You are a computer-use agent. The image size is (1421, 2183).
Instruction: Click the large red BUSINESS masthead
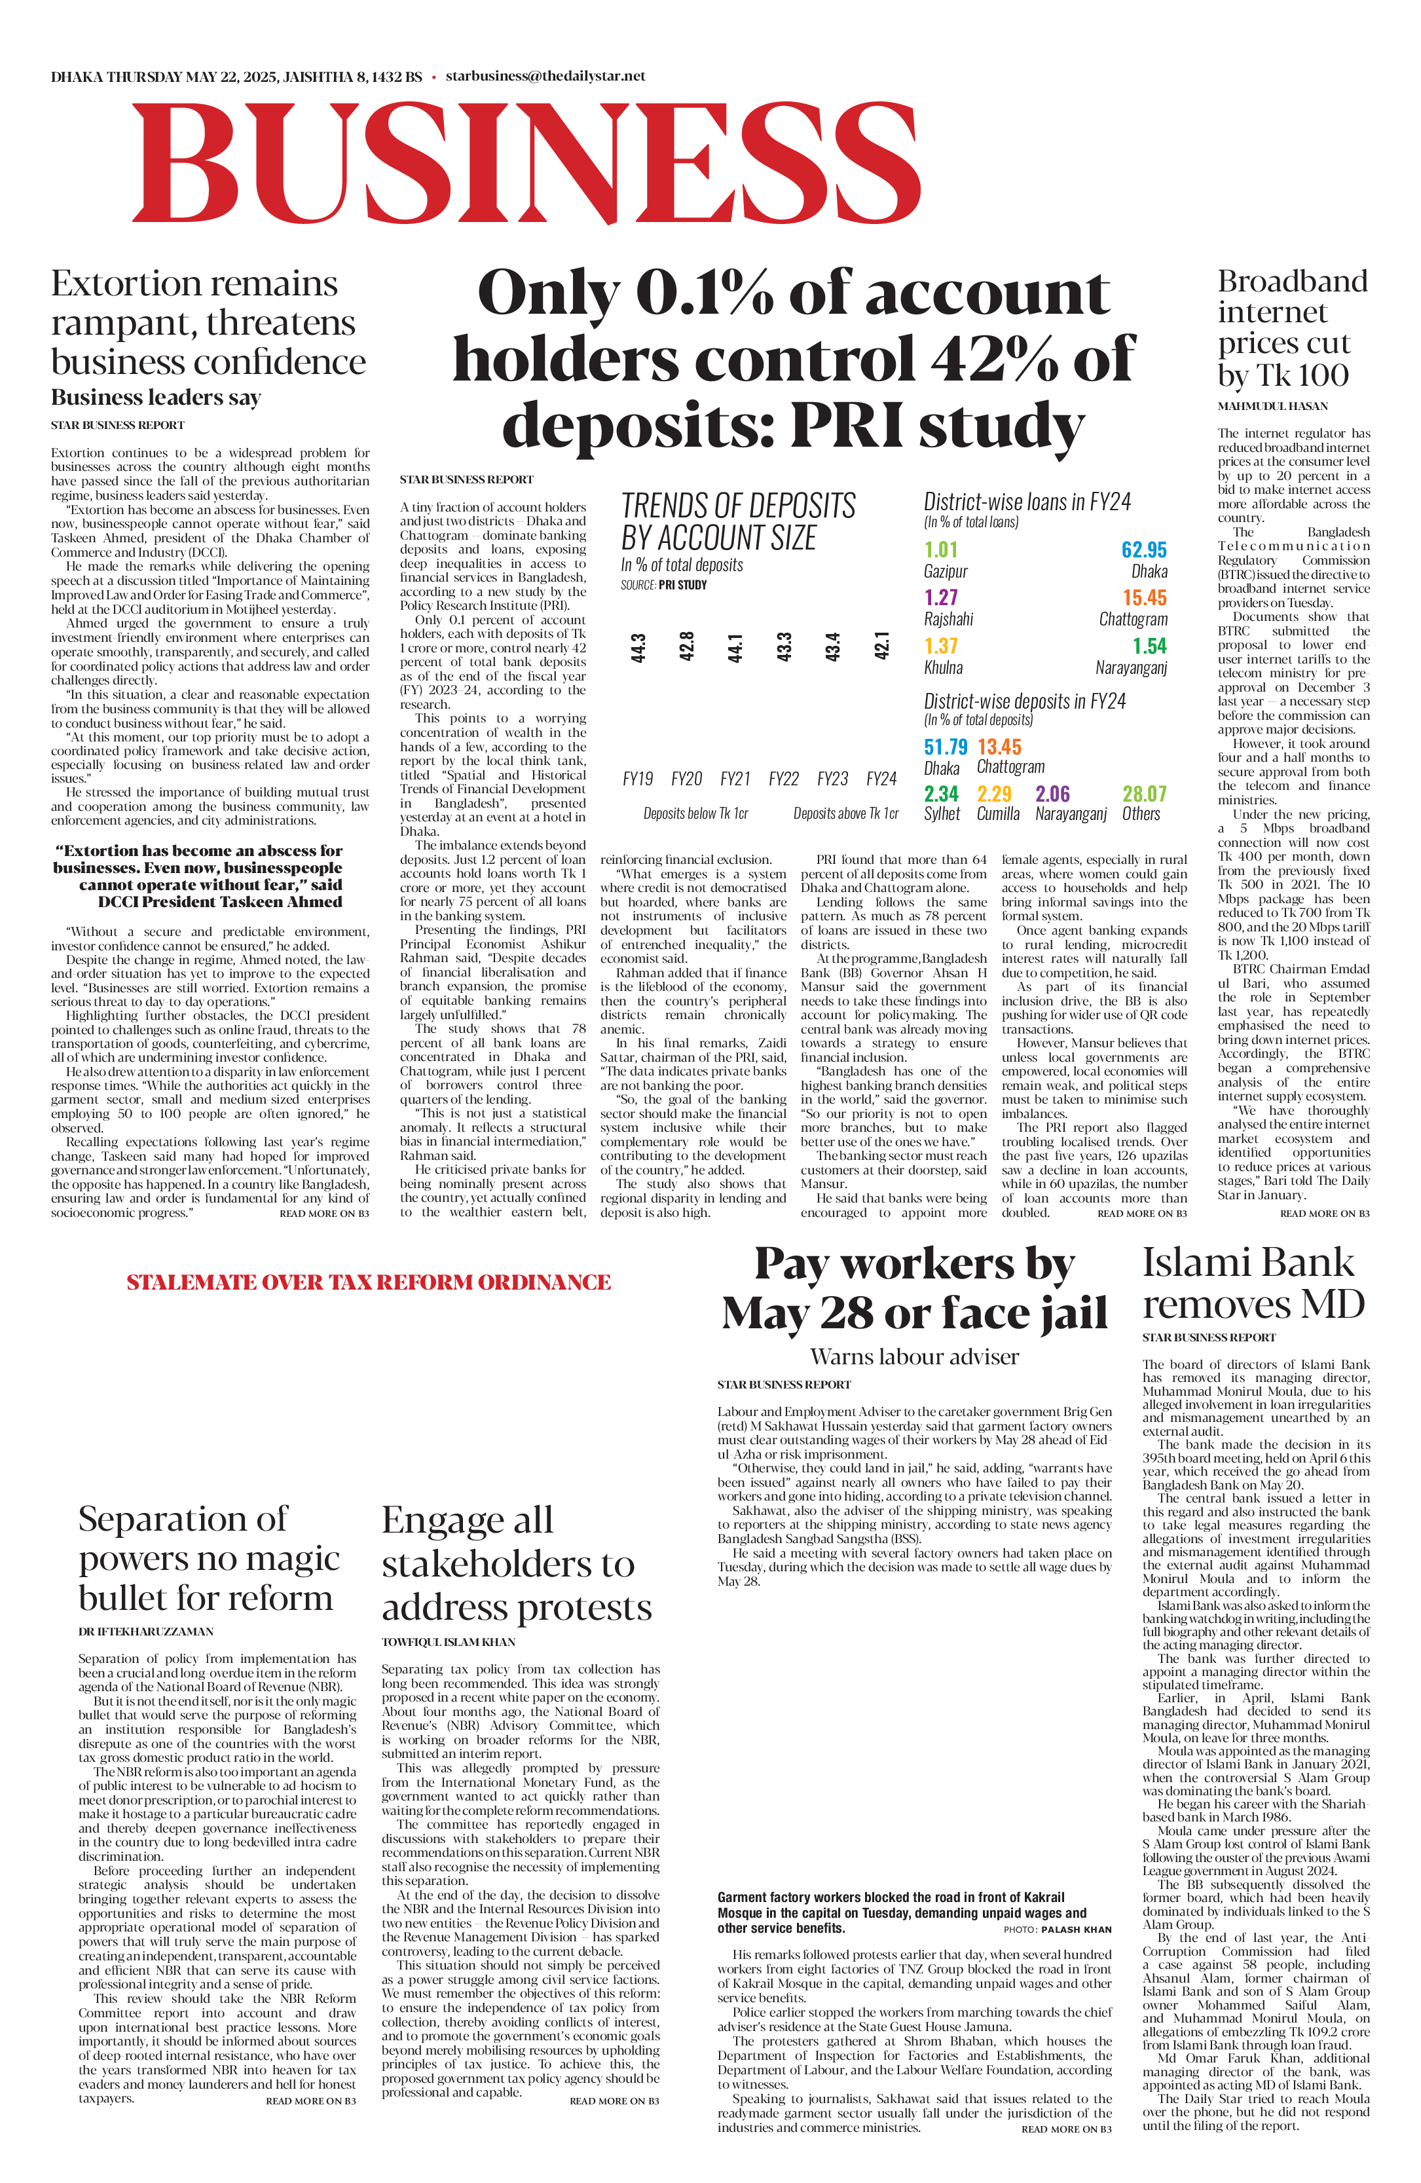click(526, 162)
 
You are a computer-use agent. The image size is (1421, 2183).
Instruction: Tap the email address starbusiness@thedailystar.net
click(545, 76)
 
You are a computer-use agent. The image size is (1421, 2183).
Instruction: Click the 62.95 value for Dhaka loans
click(1143, 550)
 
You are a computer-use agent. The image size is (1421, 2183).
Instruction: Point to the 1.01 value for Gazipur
click(940, 550)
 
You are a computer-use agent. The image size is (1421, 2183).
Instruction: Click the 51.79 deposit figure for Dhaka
click(945, 747)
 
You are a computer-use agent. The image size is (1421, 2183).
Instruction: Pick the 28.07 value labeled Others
click(1144, 793)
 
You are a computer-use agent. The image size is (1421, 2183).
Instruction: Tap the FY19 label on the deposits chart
click(637, 779)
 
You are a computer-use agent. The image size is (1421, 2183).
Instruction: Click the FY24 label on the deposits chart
click(881, 779)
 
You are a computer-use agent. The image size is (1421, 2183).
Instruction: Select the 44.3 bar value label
click(638, 648)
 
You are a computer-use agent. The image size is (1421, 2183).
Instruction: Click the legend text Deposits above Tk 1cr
click(845, 813)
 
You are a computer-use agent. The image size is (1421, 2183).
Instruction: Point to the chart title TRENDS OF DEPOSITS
click(738, 506)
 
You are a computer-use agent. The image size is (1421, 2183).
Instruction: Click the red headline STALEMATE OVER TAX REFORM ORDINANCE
click(369, 1282)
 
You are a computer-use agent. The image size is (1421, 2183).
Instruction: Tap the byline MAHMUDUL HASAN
click(1272, 406)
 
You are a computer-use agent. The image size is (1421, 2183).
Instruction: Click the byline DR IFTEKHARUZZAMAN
click(146, 1632)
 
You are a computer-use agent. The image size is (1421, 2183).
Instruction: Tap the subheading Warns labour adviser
click(914, 1356)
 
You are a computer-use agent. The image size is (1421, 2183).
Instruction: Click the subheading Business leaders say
click(156, 397)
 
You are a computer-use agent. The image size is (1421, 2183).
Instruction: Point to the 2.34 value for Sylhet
click(940, 793)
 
